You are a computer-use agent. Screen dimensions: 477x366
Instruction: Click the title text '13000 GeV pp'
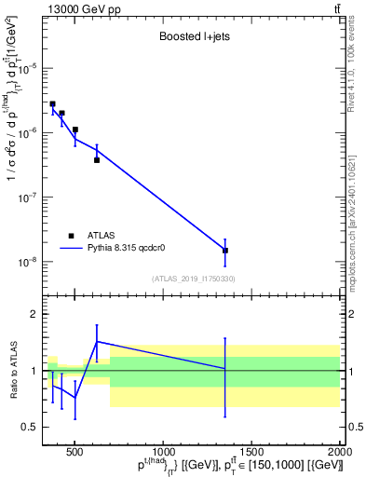[79, 8]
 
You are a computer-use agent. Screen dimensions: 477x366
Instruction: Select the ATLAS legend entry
[98, 235]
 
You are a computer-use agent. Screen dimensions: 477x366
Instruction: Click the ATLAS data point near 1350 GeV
[224, 251]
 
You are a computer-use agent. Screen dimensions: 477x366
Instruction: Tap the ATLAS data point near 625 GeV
[97, 160]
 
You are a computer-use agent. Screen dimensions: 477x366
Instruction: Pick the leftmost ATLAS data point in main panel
[53, 104]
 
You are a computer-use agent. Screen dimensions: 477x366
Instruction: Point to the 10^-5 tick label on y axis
[30, 68]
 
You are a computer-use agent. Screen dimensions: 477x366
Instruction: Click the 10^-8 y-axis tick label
[30, 262]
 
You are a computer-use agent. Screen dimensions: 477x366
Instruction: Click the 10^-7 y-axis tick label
[30, 198]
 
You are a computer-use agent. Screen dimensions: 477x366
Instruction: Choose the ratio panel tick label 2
[34, 315]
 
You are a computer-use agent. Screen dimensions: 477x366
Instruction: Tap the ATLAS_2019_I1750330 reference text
[192, 279]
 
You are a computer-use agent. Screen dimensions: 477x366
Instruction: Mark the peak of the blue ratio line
[97, 341]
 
